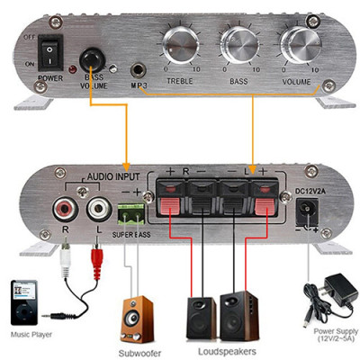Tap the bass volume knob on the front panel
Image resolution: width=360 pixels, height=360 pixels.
[x=91, y=61]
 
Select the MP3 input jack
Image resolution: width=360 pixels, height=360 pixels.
[x=139, y=69]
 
